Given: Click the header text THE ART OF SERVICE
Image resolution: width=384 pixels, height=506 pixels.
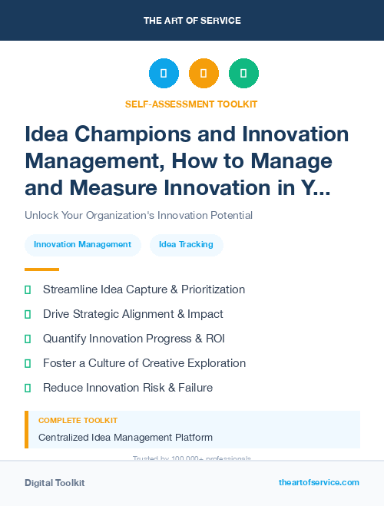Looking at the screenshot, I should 192,21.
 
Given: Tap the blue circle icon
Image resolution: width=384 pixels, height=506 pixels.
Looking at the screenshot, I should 164,73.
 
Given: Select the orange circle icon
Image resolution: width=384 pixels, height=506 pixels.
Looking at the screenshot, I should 204,73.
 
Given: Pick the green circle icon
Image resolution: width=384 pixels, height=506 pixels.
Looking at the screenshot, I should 243,73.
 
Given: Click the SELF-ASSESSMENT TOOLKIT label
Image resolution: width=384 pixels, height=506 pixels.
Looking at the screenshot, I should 191,104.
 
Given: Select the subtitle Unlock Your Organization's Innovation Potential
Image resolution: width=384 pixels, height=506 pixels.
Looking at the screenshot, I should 138,215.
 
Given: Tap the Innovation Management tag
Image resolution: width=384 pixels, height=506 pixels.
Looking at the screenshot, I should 83,245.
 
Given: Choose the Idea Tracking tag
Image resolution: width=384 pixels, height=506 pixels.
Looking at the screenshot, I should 187,245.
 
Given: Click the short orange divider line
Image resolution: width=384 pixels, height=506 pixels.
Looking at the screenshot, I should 41,270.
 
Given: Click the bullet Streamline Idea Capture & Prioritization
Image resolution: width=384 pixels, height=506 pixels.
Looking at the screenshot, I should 144,289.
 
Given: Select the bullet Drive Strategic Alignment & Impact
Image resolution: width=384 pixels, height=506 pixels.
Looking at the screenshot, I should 133,314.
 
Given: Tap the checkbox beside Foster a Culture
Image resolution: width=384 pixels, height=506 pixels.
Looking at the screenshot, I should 28,363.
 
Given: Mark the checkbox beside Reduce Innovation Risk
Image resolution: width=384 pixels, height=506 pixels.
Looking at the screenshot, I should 28,388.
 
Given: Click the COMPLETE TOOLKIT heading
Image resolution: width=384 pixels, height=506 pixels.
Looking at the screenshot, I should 78,421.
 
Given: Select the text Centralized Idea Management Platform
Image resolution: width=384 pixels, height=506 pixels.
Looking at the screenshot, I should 125,438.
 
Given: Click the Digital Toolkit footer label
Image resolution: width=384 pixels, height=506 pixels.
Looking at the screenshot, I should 55,483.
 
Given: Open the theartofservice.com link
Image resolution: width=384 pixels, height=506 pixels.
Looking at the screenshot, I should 319,482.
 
